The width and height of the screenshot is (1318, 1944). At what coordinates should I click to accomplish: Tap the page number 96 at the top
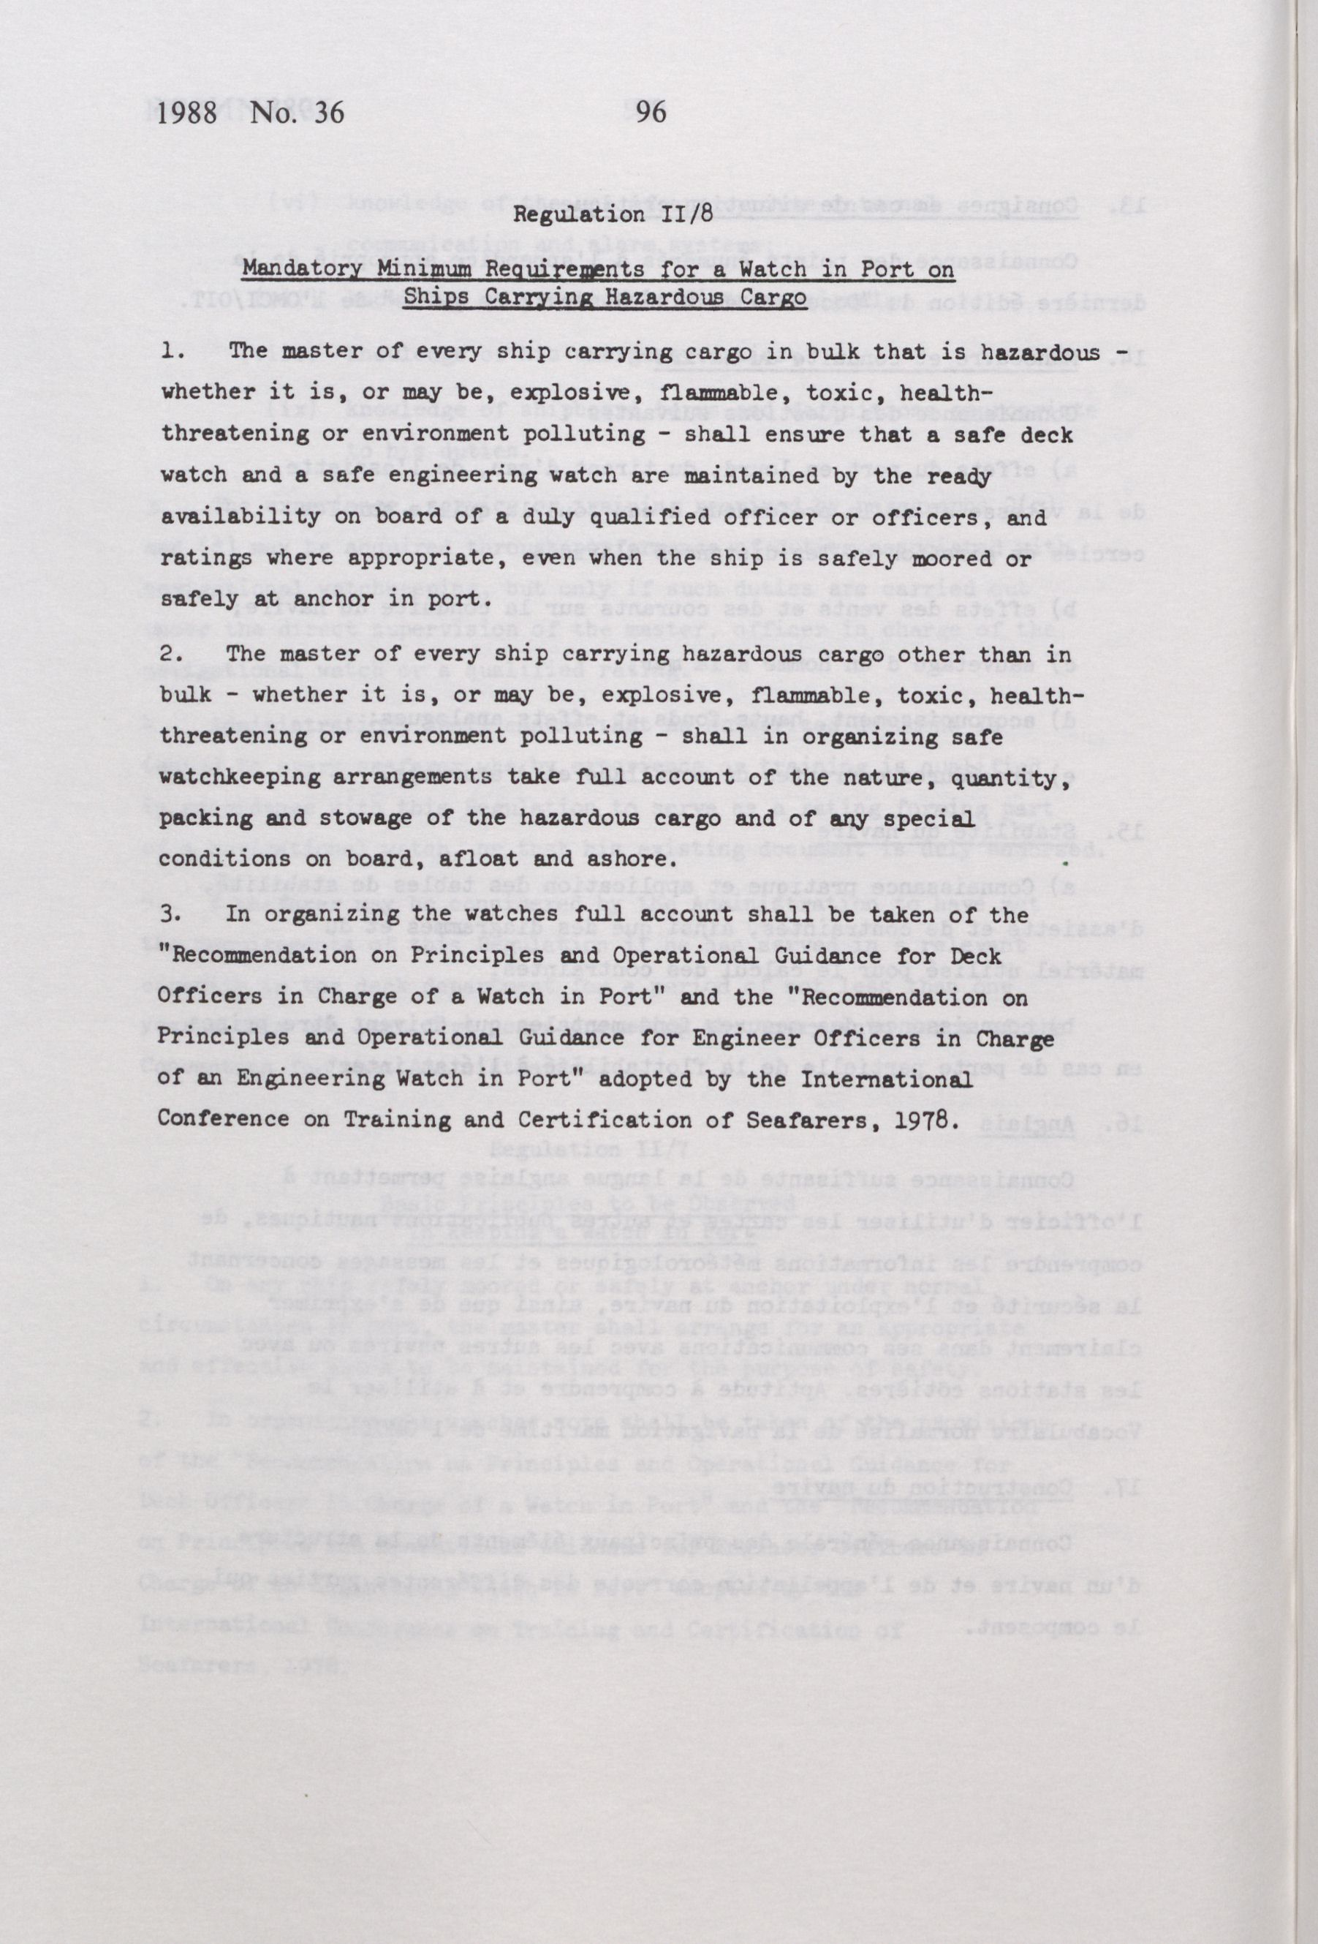(651, 112)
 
